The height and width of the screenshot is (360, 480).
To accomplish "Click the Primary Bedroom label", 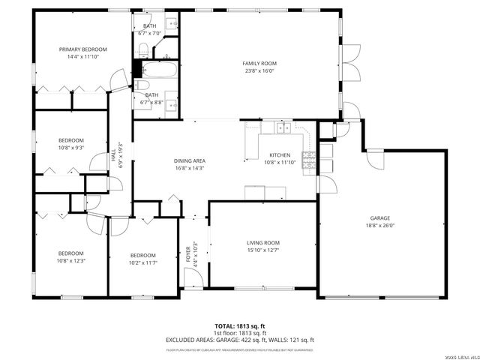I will pos(83,52).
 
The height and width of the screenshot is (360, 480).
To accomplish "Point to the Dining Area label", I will pos(190,164).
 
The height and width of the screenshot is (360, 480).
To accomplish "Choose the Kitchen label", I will pos(279,158).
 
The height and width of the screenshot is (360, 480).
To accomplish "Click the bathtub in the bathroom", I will pos(160,72).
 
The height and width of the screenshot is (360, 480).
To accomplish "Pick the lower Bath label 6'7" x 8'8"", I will pos(151,98).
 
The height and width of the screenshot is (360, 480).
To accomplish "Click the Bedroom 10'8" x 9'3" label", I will pos(71,144).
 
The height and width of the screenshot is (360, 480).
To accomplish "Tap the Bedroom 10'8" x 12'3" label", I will pos(71,256).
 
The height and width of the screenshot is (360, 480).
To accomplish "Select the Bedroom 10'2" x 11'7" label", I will pos(142,259).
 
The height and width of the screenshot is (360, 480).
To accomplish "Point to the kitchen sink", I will pos(283,128).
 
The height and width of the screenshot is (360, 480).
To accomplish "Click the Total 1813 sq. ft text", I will pos(240,326).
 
